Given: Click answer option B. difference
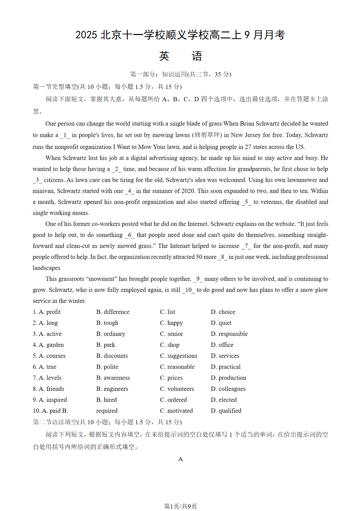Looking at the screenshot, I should pyautogui.click(x=113, y=312).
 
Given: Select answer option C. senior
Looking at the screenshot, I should pyautogui.click(x=172, y=334).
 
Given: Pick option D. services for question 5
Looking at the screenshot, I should pyautogui.click(x=225, y=356).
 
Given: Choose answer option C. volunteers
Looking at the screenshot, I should pyautogui.click(x=177, y=389).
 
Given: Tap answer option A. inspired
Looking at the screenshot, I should pyautogui.click(x=50, y=400).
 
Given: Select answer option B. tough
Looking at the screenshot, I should pyautogui.click(x=107, y=323).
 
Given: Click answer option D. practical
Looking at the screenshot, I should pyautogui.click(x=226, y=367).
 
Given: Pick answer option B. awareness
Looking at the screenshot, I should pyautogui.click(x=113, y=378).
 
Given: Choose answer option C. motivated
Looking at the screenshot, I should pyautogui.click(x=176, y=411).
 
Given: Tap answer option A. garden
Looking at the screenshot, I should pyautogui.click(x=48, y=345).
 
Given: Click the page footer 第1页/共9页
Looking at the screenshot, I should pyautogui.click(x=180, y=506).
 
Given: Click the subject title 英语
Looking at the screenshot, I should pyautogui.click(x=180, y=56).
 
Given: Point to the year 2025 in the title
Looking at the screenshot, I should pyautogui.click(x=86, y=35).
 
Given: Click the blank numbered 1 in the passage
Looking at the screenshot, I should pyautogui.click(x=65, y=135).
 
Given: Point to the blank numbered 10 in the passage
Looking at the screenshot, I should pyautogui.click(x=188, y=290).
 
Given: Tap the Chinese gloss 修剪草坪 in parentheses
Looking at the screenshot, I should pyautogui.click(x=207, y=135).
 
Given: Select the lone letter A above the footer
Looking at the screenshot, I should pyautogui.click(x=180, y=459).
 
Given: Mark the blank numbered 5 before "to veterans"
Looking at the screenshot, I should pyautogui.click(x=246, y=202).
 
